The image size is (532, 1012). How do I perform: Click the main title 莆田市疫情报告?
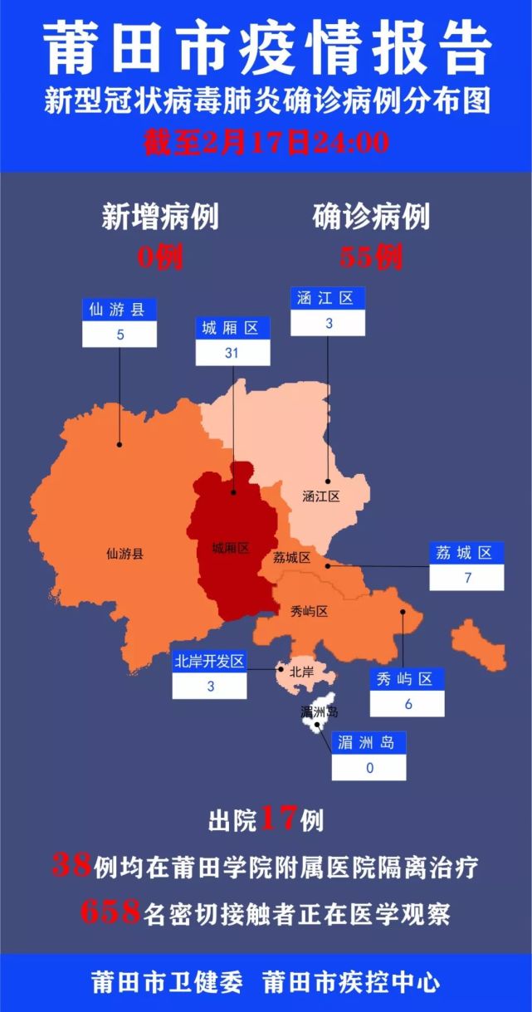(x=266, y=47)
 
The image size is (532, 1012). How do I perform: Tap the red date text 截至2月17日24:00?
(x=266, y=142)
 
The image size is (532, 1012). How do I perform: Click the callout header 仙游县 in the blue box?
(x=119, y=310)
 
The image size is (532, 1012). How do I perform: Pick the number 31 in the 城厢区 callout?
(x=232, y=353)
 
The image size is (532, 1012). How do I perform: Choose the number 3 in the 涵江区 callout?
(x=328, y=324)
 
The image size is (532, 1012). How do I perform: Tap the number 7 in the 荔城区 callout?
(x=466, y=578)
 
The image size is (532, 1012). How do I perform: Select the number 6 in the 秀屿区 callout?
(x=407, y=704)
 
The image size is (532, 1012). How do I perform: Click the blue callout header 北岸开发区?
(x=209, y=662)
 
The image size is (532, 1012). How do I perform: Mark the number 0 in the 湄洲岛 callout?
(x=369, y=768)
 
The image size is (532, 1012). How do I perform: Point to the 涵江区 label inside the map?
(x=321, y=497)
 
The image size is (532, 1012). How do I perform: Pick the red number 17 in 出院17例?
(x=278, y=820)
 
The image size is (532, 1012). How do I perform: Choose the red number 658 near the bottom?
(x=110, y=913)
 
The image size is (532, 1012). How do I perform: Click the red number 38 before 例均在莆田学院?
(x=71, y=867)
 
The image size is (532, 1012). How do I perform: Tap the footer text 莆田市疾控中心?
(x=350, y=983)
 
